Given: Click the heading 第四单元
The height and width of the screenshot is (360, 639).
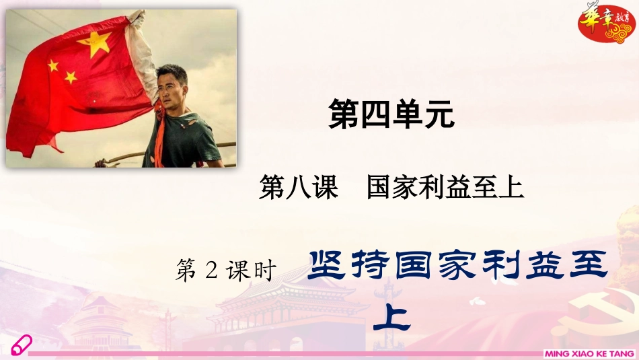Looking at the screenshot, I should click(391, 114).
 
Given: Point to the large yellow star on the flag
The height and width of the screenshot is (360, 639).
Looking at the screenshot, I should click(93, 44).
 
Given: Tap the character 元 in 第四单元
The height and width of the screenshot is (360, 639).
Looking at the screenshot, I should click(439, 114).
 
